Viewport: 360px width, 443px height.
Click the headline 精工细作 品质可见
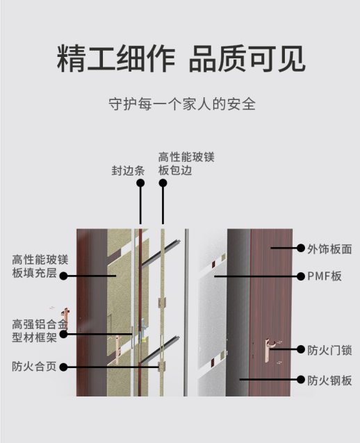(181, 59)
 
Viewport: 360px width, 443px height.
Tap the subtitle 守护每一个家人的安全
(182, 104)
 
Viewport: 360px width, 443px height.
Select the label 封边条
(128, 171)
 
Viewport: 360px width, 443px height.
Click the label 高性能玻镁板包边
(186, 164)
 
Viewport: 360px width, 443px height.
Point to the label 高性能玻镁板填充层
(40, 266)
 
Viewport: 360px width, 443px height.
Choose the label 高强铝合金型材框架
(40, 331)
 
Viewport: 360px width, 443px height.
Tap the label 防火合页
(34, 367)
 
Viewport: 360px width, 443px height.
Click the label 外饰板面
(329, 249)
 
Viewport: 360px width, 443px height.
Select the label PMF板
(325, 276)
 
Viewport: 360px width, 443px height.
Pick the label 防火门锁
(329, 351)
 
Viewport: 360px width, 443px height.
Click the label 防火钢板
(329, 381)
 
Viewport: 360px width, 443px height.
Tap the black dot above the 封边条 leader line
(140, 183)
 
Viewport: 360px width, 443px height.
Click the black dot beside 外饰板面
(301, 248)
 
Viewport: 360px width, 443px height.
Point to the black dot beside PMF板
(301, 276)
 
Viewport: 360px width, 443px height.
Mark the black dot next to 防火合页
(64, 367)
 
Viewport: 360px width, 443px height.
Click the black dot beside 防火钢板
(301, 379)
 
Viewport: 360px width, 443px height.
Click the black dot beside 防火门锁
(301, 349)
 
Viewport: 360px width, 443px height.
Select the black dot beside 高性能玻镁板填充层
(64, 276)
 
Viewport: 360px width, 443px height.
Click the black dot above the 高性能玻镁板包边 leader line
(163, 183)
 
